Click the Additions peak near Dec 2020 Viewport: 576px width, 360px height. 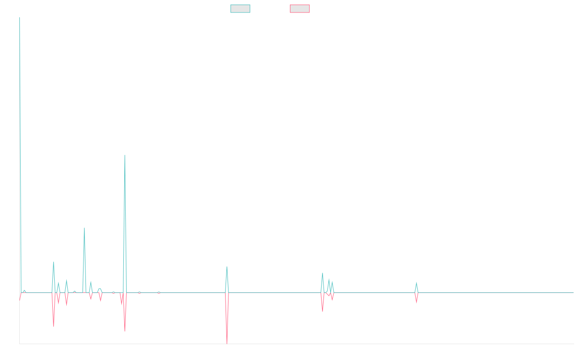tap(125, 155)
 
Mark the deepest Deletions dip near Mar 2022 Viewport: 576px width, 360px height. tap(227, 343)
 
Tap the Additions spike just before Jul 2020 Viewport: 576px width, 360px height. tap(84, 228)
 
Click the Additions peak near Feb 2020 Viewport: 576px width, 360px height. tap(54, 262)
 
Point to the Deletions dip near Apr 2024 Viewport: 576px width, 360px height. tap(416, 302)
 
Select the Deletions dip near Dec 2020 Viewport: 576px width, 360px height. tap(125, 331)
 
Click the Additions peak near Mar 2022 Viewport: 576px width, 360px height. tap(227, 267)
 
